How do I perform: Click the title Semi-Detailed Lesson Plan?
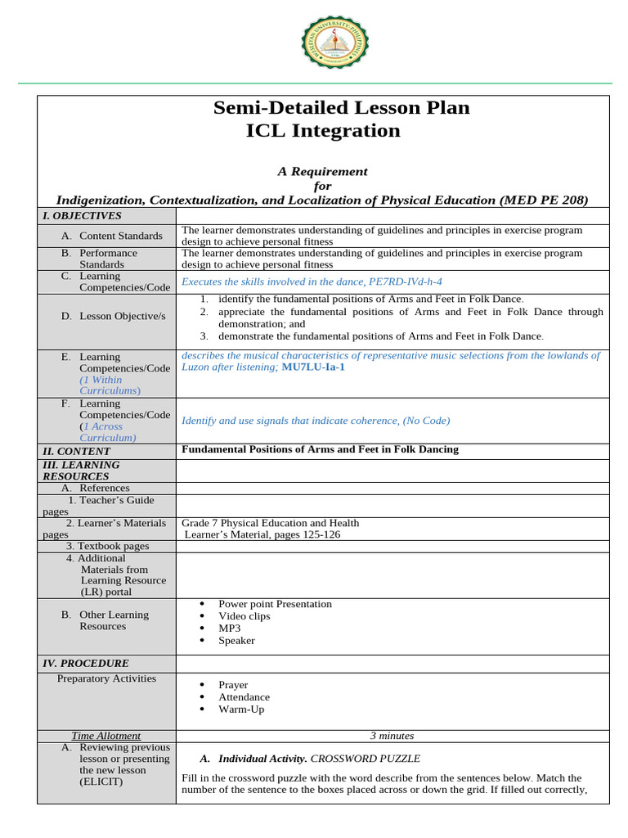(x=341, y=107)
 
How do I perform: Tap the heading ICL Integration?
(x=323, y=131)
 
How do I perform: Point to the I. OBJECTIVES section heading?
(x=82, y=216)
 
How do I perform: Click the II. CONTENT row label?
(x=76, y=451)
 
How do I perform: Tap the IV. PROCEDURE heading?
(x=86, y=664)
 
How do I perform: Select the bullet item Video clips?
(x=244, y=616)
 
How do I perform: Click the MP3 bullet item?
(x=229, y=628)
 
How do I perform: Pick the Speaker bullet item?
(x=236, y=641)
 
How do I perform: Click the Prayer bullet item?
(x=233, y=685)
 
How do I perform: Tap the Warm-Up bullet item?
(x=240, y=710)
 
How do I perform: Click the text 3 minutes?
(x=392, y=736)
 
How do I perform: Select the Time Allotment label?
(x=106, y=736)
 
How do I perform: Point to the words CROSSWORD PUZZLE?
(x=366, y=759)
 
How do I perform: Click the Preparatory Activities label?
(x=106, y=678)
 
